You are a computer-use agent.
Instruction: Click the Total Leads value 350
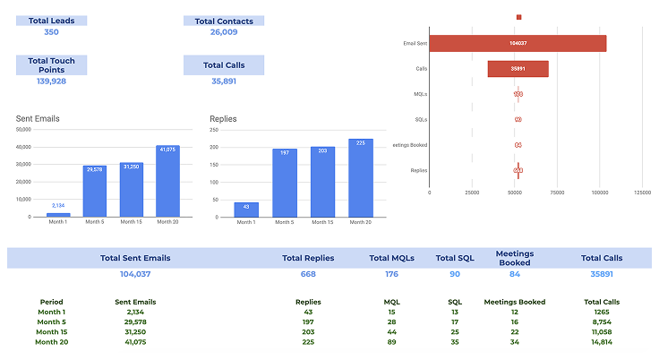point(51,32)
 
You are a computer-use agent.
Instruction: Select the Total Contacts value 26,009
point(223,32)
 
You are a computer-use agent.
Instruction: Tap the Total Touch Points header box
point(51,64)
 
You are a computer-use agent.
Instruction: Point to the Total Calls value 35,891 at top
point(223,81)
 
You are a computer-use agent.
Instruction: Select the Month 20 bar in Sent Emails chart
point(167,181)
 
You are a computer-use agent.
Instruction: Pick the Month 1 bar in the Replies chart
point(246,209)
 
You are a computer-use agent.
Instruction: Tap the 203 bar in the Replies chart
point(322,181)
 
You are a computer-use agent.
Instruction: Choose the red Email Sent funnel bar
point(518,43)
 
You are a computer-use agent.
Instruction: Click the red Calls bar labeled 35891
point(518,69)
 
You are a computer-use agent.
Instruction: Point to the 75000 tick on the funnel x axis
point(557,192)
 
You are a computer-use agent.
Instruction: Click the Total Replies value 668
point(308,274)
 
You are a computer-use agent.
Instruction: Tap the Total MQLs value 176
point(391,274)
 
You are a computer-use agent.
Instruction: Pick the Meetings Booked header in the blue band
point(514,258)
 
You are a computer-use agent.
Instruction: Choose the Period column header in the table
point(52,302)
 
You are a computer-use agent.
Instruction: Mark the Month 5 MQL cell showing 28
point(391,321)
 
